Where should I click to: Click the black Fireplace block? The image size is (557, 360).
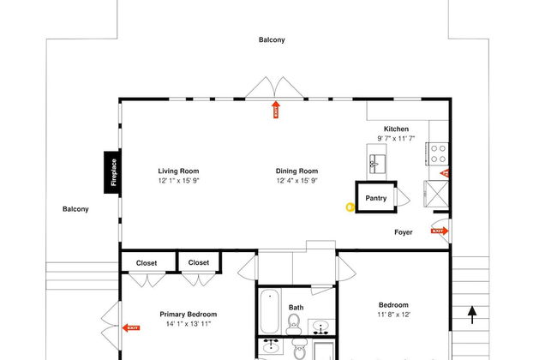112,172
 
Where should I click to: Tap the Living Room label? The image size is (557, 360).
178,171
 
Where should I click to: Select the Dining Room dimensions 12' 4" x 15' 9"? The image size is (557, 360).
297,181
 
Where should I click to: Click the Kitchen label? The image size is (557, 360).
396,129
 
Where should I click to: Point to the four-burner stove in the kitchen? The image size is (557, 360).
438,154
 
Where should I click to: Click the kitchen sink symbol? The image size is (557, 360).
377,164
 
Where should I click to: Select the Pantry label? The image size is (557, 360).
376,198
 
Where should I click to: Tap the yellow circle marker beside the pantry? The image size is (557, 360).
350,207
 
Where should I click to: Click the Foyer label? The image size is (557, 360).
404,232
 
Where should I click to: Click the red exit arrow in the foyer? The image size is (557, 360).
440,231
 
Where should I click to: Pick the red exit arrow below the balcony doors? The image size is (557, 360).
276,110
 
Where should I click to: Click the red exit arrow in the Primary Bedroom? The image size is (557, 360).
131,327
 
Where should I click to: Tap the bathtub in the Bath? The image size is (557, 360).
270,311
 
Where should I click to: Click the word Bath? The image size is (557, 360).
296,308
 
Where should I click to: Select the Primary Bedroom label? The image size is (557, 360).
189,315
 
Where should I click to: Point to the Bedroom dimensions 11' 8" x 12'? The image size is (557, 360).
393,315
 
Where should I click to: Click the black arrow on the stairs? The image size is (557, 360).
472,315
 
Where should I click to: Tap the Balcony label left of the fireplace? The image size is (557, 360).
75,209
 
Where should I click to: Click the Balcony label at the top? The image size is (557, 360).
272,39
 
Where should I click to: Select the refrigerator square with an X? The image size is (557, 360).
436,194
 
